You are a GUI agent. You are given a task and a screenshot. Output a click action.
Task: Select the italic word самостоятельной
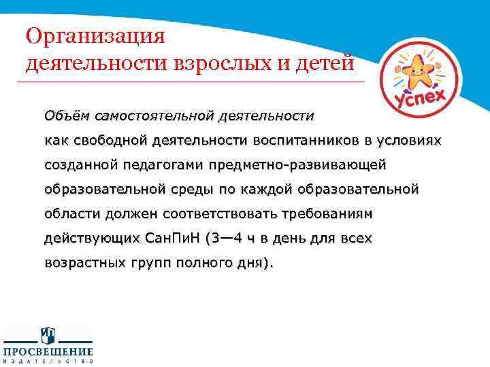[154, 116]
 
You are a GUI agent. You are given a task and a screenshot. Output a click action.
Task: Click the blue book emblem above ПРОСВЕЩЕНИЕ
[48, 335]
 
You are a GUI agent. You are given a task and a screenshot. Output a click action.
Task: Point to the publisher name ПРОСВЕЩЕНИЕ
[48, 351]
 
